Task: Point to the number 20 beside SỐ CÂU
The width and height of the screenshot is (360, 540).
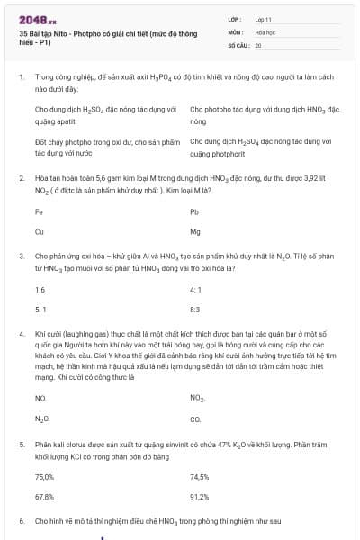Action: pos(258,44)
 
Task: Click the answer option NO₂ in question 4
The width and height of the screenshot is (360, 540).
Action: pos(197,397)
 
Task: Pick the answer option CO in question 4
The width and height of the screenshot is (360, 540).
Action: pos(195,419)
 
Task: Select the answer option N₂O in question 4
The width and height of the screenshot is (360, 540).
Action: pos(41,419)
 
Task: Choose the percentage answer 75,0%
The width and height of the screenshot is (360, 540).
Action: pos(44,477)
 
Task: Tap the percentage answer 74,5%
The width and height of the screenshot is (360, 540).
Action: pos(200,477)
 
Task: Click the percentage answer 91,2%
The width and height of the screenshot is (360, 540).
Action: pos(200,496)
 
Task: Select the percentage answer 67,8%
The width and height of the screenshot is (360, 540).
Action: pos(44,496)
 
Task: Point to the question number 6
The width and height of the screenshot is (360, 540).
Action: pos(21,521)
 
